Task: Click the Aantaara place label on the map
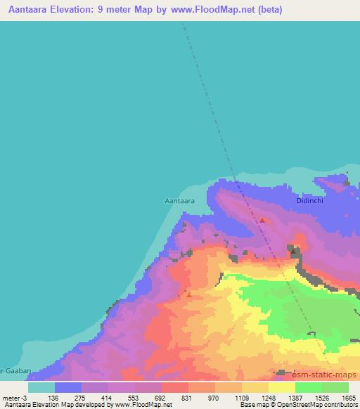(x=179, y=200)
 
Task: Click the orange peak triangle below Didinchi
(x=262, y=220)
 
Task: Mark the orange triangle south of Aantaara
(x=188, y=295)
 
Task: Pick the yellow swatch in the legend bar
(x=281, y=387)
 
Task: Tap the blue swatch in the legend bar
(x=68, y=387)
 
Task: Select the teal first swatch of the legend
(x=41, y=387)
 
